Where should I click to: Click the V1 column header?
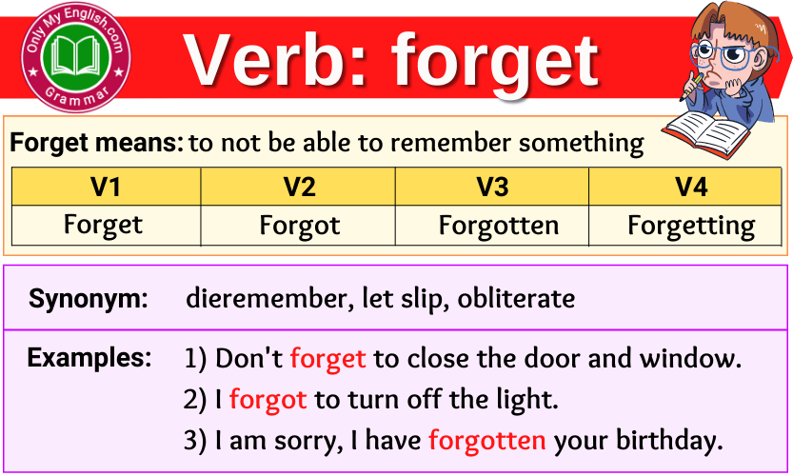[x=106, y=187]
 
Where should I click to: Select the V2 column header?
[x=298, y=187]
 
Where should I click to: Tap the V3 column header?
[x=492, y=187]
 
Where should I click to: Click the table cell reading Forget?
[x=106, y=226]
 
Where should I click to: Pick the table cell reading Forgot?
[x=298, y=226]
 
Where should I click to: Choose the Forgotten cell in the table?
[x=492, y=226]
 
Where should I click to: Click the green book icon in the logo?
[x=76, y=55]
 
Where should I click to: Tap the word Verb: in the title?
[x=274, y=61]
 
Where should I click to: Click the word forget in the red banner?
[x=496, y=63]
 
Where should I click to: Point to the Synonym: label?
[x=88, y=298]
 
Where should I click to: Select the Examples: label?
[x=89, y=358]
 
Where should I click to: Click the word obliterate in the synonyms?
[x=516, y=298]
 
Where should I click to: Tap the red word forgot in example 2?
[x=268, y=400]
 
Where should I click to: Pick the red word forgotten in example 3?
[x=487, y=440]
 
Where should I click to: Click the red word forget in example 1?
[x=327, y=359]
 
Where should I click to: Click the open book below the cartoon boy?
[x=708, y=133]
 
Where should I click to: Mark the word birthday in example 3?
[x=669, y=441]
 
